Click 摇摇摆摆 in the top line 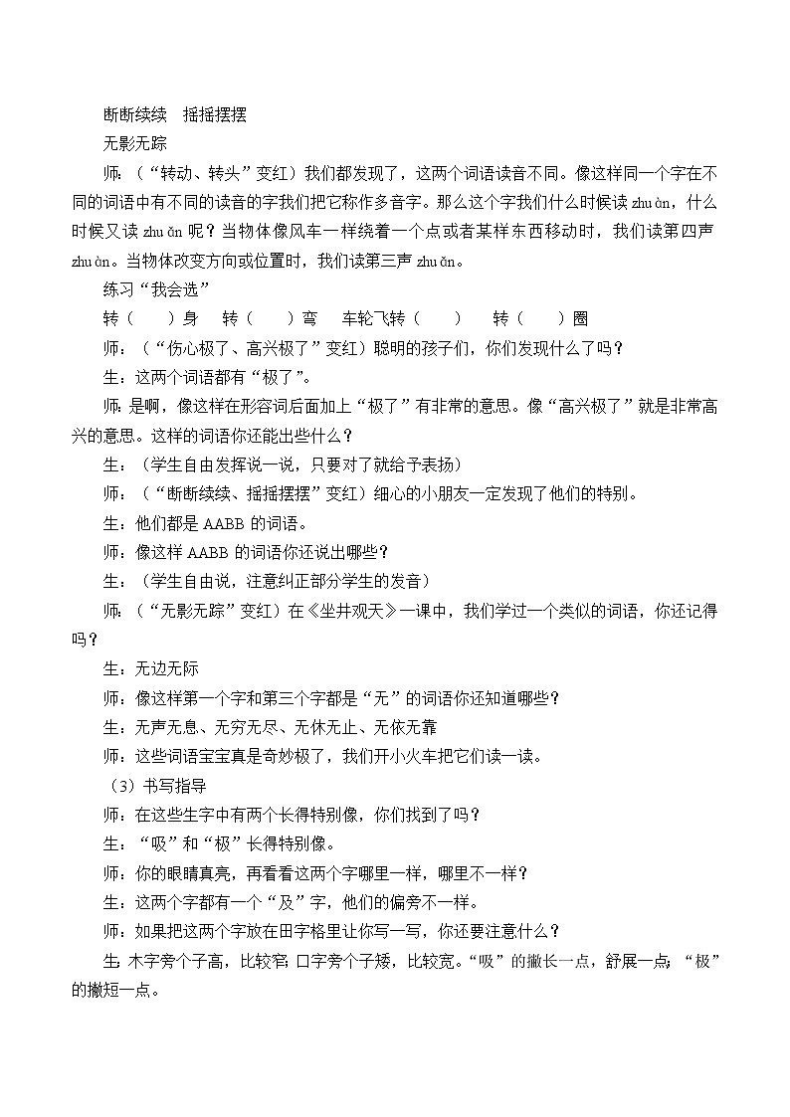pyautogui.click(x=214, y=114)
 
